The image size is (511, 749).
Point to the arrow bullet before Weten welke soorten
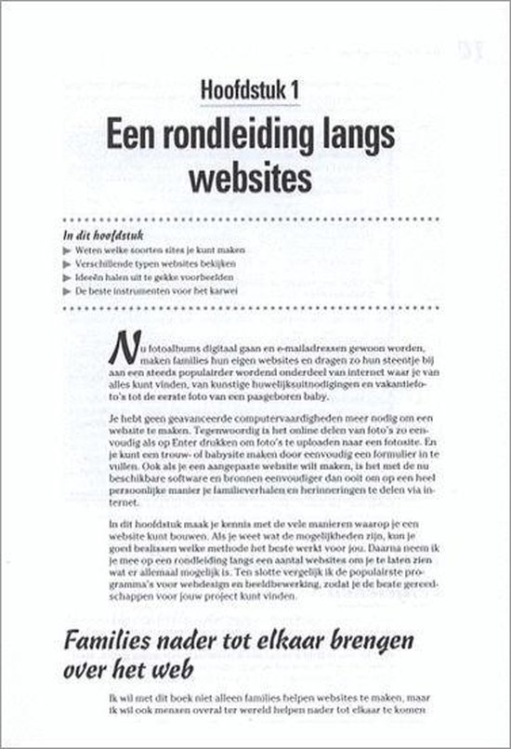[x=66, y=248]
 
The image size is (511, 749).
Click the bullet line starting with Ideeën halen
[x=149, y=277]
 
